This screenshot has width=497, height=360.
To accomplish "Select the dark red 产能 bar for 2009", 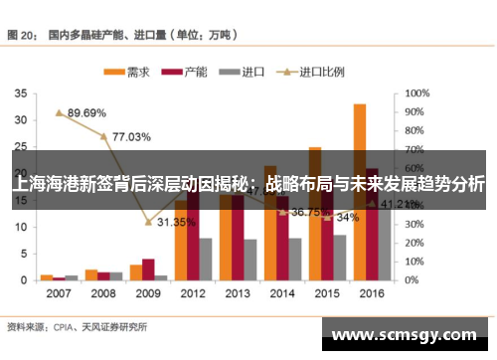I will point(148,270).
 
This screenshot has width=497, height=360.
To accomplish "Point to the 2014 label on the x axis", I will point(282,294).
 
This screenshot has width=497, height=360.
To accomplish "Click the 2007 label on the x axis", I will point(59,294).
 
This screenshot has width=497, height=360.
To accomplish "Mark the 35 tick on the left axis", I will point(20,92).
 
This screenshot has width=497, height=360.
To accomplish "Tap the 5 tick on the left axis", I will point(23,254).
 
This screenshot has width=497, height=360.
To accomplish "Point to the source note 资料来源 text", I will point(28,325).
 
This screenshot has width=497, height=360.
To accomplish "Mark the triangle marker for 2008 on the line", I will point(103,135).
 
